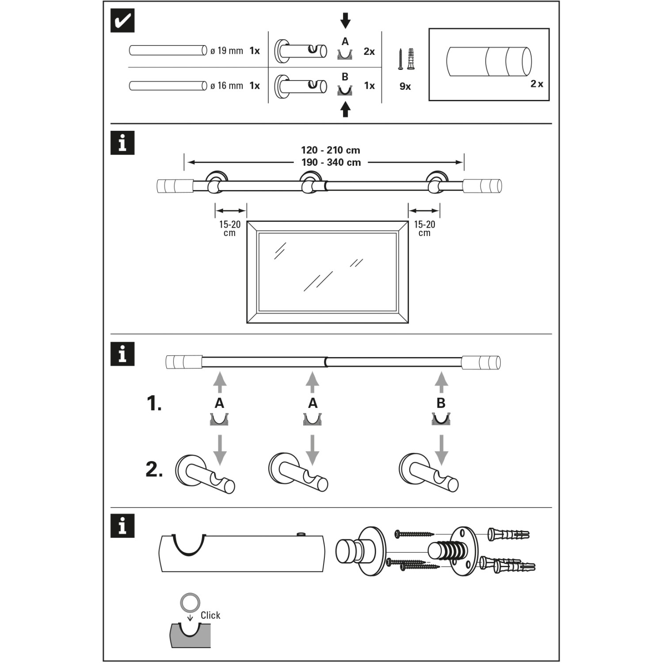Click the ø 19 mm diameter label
227,51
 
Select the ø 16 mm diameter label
227,86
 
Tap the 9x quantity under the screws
405,87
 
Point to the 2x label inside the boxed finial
537,84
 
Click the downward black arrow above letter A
345,20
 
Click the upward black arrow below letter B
345,110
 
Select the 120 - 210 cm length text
331,150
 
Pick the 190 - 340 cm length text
331,163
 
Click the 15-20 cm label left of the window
230,228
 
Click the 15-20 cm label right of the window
424,228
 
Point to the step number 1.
154,404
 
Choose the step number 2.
154,469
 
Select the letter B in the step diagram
441,403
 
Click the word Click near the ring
210,615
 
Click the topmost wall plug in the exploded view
508,534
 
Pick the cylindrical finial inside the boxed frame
489,61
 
